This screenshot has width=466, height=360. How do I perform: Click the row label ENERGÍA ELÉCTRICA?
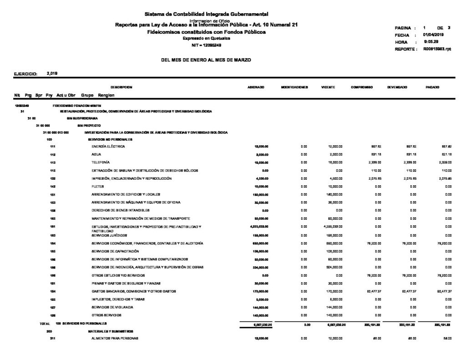[x=108, y=147]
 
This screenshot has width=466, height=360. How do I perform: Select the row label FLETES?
[x=98, y=187]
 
